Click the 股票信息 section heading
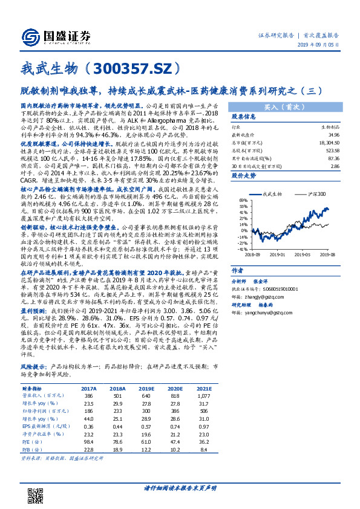point(246,116)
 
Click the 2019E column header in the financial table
point(146,389)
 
